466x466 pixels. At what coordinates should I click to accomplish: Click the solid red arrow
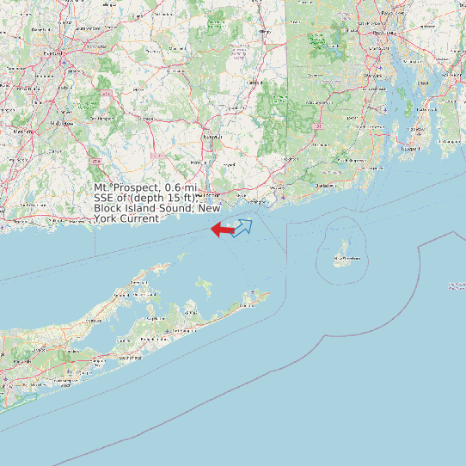click(x=222, y=230)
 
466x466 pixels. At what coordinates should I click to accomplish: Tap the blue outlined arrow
click(x=242, y=227)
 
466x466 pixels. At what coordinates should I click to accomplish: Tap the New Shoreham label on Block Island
click(x=347, y=257)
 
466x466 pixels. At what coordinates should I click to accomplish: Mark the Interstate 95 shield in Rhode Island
click(x=317, y=126)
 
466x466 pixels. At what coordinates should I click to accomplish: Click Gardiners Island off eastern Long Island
click(x=203, y=285)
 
